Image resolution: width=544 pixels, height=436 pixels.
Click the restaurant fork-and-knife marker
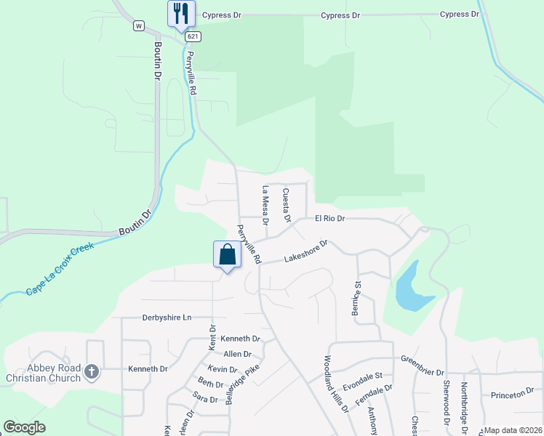tap(181, 13)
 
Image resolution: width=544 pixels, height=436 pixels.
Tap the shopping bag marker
tap(227, 254)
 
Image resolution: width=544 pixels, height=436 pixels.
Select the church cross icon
tap(91, 372)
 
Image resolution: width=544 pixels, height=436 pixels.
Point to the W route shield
tap(137, 25)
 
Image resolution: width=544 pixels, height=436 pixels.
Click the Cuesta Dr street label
tap(287, 205)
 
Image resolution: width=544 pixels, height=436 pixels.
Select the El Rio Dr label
tap(329, 218)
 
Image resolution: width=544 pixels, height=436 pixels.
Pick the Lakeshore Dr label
tap(306, 251)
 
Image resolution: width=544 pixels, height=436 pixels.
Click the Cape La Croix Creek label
tap(60, 269)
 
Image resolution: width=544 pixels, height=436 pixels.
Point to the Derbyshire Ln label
tap(167, 318)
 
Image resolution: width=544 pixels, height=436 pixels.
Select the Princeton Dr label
tap(512, 395)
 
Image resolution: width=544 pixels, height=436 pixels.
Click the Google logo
tap(24, 427)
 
